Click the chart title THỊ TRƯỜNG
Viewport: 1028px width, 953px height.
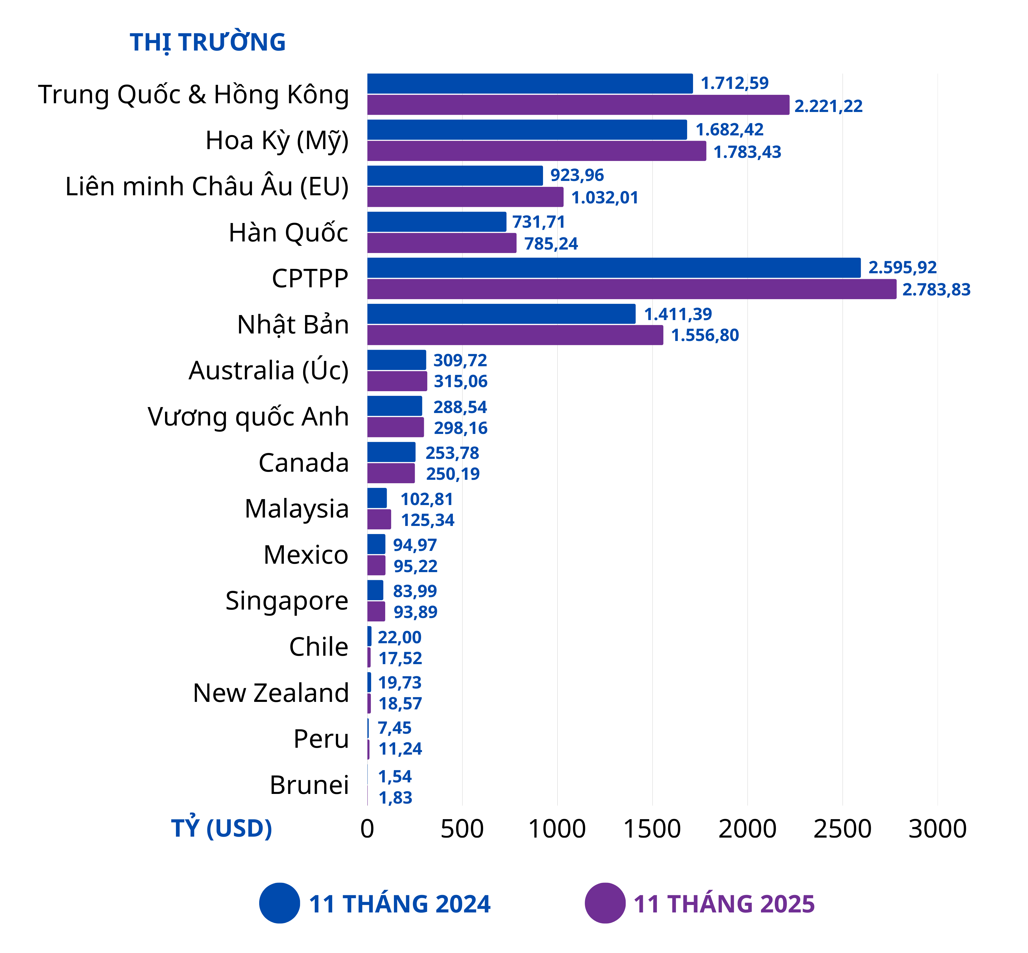207,42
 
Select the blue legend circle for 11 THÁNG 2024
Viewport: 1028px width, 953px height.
279,903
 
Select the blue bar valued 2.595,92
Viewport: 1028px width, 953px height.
613,268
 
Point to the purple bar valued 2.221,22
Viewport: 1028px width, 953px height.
577,105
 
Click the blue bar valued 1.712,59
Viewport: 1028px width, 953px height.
530,84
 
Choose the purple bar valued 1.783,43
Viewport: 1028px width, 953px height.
536,151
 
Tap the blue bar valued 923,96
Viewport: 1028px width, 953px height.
455,176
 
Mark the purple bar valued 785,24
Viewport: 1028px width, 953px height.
441,243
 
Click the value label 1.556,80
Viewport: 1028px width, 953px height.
705,336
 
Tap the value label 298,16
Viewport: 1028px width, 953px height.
460,428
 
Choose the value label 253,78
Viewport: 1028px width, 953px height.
452,453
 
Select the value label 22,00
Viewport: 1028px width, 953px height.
400,637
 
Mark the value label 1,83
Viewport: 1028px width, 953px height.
395,798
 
